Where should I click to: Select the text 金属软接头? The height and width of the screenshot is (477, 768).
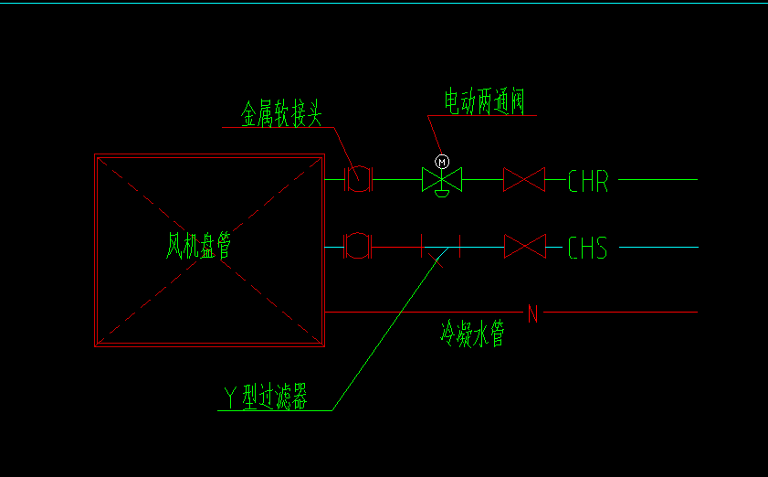[x=282, y=114]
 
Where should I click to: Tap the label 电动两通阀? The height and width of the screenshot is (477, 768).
[x=483, y=101]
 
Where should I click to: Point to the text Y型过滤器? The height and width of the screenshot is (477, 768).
[x=266, y=397]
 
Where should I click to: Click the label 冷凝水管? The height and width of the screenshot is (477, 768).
[x=472, y=334]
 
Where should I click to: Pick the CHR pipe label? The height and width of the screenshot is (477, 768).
[x=587, y=181]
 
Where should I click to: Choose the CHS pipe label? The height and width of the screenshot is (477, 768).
[x=587, y=248]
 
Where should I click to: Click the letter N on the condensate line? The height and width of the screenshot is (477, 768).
[x=533, y=314]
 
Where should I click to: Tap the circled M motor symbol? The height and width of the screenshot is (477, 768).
[x=442, y=162]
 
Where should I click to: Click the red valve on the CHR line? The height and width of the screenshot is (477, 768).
[x=524, y=180]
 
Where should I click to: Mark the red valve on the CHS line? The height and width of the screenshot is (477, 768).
[x=524, y=247]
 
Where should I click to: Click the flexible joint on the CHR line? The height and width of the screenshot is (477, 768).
[x=359, y=180]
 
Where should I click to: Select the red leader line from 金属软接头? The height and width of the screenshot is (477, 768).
[x=342, y=146]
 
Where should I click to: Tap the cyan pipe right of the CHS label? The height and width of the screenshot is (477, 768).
[x=658, y=247]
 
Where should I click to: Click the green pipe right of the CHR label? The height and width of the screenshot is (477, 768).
[x=658, y=180]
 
